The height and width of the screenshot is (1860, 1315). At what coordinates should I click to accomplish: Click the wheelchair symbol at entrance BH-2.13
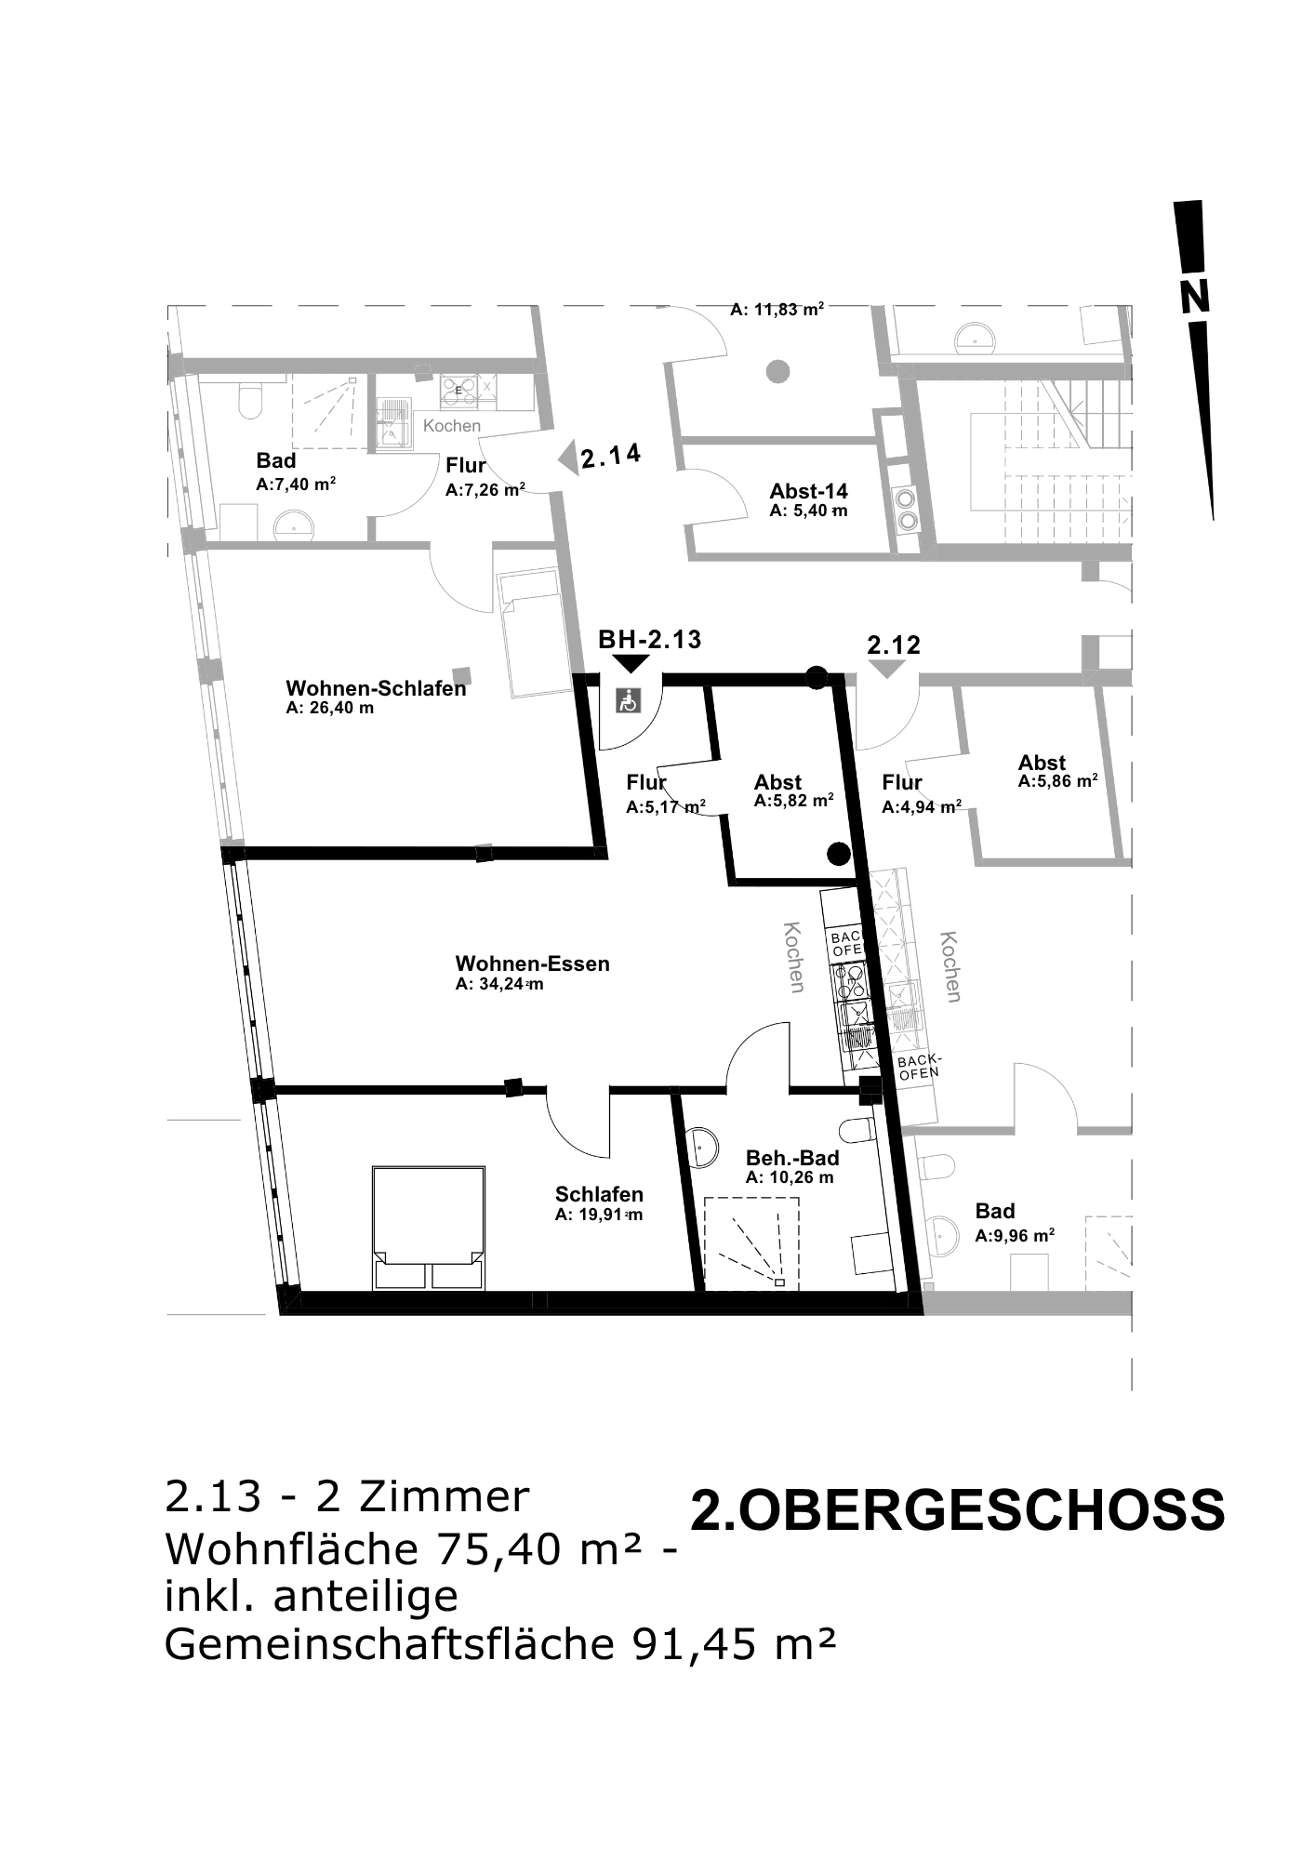pyautogui.click(x=630, y=699)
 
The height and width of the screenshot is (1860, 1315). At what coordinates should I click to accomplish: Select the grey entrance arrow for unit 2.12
pyautogui.click(x=887, y=669)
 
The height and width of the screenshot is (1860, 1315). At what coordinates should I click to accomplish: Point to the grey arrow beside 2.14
pyautogui.click(x=567, y=458)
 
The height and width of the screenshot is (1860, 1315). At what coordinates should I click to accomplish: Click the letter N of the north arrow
pyautogui.click(x=1195, y=298)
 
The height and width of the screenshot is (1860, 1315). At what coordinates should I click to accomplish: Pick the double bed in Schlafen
pyautogui.click(x=428, y=1228)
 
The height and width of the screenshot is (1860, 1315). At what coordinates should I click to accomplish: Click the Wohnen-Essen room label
pyautogui.click(x=533, y=963)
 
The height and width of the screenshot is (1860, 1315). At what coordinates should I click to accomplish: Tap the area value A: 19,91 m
pyautogui.click(x=599, y=1215)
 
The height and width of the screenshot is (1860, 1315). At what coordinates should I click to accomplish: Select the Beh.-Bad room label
pyautogui.click(x=792, y=1158)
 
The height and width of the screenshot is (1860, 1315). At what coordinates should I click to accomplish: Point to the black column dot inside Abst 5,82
pyautogui.click(x=839, y=853)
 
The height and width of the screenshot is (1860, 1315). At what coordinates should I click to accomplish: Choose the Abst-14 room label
pyautogui.click(x=808, y=491)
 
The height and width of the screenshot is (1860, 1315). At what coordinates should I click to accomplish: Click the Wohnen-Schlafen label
pyautogui.click(x=376, y=689)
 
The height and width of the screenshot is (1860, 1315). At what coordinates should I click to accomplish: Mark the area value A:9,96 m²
pyautogui.click(x=1015, y=1236)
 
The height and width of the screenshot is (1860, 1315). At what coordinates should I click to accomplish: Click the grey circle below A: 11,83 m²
pyautogui.click(x=777, y=372)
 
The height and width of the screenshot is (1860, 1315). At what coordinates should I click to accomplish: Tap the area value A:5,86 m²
pyautogui.click(x=1058, y=781)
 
